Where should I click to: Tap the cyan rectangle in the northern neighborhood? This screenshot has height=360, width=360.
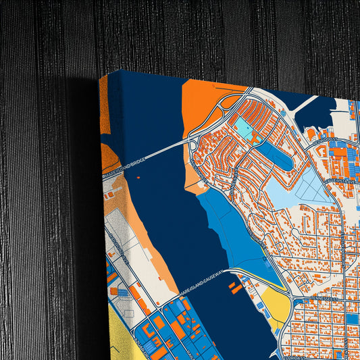click(242, 127)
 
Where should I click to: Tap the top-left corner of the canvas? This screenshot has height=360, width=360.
click(101, 76)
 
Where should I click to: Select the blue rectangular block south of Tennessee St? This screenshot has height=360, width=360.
click(352, 318)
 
